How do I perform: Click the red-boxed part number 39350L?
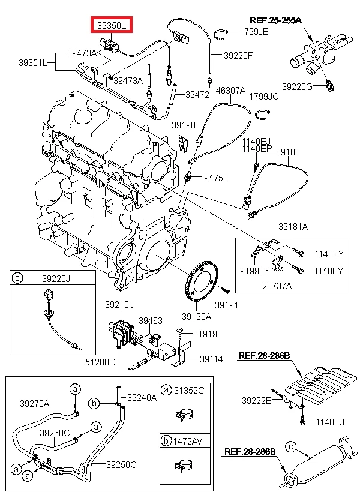(112, 25)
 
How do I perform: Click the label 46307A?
(230, 91)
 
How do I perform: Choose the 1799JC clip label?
(264, 96)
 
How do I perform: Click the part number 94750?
(216, 178)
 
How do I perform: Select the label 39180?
(287, 152)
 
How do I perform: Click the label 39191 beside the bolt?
(227, 305)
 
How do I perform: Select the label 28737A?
(277, 286)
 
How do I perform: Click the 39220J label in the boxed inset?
(56, 278)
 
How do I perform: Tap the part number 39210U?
(120, 305)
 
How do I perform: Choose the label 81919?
(205, 334)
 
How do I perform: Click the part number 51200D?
(100, 362)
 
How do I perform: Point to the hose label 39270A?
(34, 403)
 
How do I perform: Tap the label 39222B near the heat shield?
(257, 400)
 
